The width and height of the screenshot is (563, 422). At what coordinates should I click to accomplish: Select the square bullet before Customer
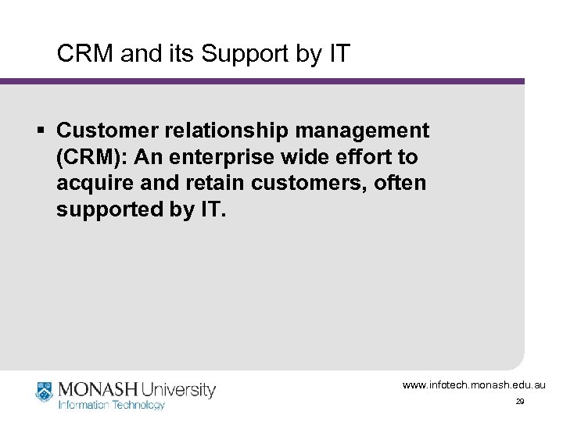pos(44,128)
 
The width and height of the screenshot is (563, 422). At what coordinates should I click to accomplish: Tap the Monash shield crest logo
pos(45,392)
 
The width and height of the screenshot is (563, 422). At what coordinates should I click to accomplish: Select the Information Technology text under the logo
pos(112,405)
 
